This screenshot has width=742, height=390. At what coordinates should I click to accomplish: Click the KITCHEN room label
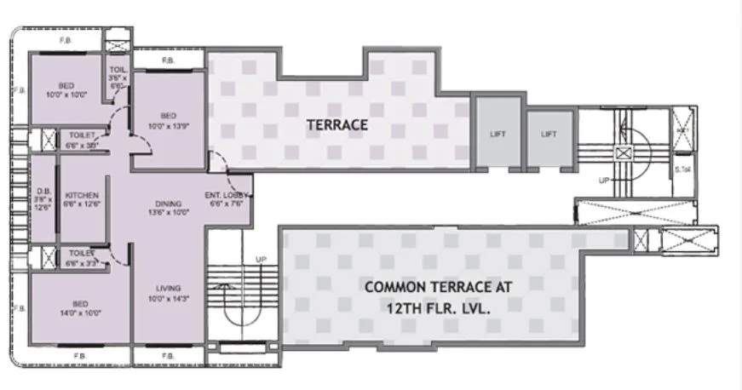click(x=82, y=196)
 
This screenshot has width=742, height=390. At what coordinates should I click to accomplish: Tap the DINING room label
click(x=169, y=203)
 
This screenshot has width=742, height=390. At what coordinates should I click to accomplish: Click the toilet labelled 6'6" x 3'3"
click(x=81, y=253)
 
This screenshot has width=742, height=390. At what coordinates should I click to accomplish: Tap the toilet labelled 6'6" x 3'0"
click(x=82, y=135)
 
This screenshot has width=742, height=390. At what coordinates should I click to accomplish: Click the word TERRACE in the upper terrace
click(x=338, y=124)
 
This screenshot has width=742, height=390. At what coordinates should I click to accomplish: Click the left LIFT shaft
click(x=498, y=134)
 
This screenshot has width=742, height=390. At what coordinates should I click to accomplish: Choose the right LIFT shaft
click(x=549, y=134)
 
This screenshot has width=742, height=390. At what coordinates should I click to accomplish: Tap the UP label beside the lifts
click(x=604, y=181)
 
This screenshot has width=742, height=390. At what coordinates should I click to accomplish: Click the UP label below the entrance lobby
click(x=262, y=259)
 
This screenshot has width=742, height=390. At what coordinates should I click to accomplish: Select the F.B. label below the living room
click(x=168, y=354)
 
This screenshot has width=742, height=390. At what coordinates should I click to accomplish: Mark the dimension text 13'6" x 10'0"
click(x=169, y=213)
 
